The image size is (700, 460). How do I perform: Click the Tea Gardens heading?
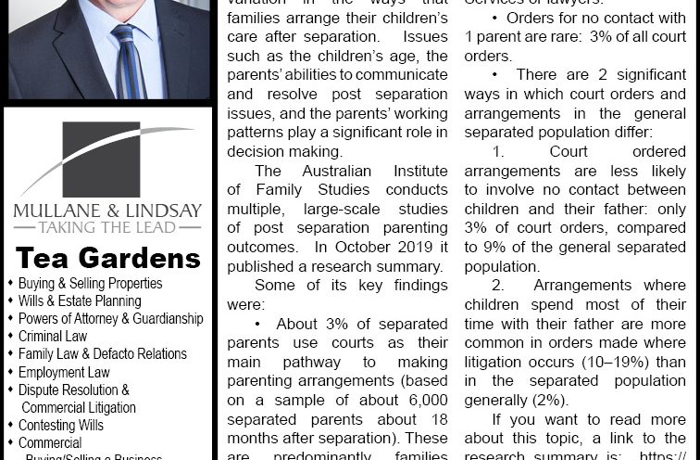click(x=107, y=258)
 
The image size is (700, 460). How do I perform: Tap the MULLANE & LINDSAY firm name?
click(x=107, y=210)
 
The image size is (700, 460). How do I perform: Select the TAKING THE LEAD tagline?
click(x=107, y=225)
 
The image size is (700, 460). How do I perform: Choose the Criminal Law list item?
click(x=53, y=336)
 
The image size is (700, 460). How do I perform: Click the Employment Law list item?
click(x=64, y=372)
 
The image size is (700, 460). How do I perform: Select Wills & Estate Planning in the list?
click(x=80, y=300)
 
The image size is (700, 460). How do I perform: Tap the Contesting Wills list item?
click(x=61, y=426)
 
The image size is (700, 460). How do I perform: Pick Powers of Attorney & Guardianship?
click(x=110, y=318)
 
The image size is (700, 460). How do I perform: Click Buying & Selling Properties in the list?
click(x=90, y=283)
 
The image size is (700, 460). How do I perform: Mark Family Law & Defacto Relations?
click(x=102, y=353)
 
